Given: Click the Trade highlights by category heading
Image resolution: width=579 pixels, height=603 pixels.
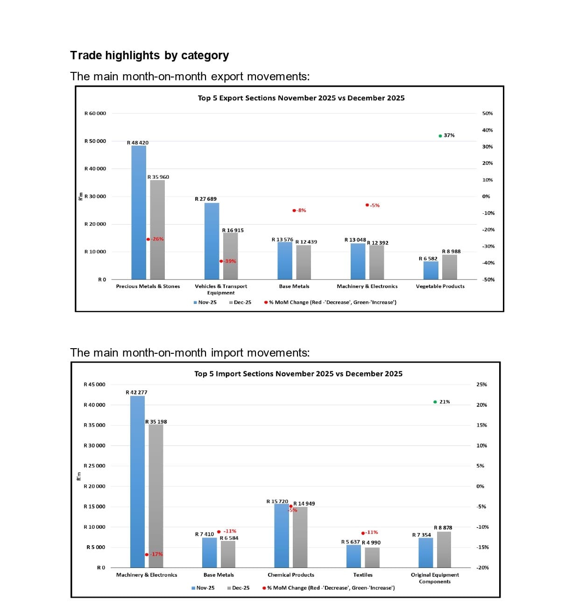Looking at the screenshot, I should (149, 56).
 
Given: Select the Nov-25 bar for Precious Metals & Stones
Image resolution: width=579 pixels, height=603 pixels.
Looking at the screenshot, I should (139, 212).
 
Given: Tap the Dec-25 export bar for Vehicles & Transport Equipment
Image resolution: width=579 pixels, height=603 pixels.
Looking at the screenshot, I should (230, 256).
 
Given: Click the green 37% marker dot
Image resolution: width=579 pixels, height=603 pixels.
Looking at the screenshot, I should (440, 136).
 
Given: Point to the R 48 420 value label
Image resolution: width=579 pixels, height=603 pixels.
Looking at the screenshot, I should (138, 143).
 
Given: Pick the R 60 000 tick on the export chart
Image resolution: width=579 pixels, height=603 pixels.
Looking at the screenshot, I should (95, 113).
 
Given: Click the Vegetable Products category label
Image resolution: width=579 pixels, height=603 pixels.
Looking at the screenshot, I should (440, 287).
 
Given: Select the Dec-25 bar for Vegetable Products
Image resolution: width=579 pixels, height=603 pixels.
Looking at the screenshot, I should (449, 267).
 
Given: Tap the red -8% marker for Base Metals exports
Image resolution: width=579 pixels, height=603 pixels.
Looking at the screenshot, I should (294, 210).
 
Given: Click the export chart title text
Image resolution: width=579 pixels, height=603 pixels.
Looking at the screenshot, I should (301, 98).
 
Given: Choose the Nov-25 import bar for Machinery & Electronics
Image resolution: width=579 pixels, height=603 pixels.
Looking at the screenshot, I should (137, 481).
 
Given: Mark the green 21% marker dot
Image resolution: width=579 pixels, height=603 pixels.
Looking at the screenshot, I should (435, 402).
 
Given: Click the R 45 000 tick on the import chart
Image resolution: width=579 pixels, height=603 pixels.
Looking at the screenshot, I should (94, 385).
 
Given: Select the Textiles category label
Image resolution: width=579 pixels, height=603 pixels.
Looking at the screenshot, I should (363, 575).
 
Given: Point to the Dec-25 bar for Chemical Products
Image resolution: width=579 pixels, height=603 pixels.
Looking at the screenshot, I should (300, 537).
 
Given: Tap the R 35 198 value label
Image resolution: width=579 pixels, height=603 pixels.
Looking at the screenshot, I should (156, 422).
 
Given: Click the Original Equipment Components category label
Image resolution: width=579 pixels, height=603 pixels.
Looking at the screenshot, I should (435, 578).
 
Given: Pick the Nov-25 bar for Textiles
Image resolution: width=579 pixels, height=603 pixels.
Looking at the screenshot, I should (353, 556).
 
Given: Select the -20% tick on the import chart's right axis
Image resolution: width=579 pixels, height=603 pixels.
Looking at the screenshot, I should (482, 568).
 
